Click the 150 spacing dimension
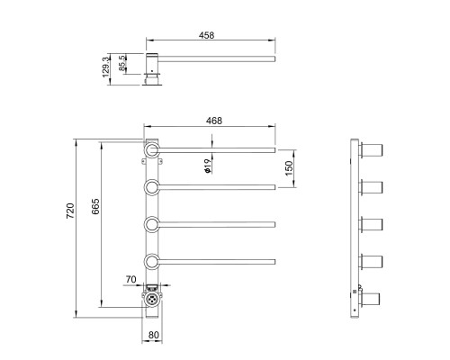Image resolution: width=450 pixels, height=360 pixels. point(289,168)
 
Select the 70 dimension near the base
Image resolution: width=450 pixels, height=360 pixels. point(132,281)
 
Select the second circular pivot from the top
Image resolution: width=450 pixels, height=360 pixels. point(152,187)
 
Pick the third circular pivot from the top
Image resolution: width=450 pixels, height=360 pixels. point(152,224)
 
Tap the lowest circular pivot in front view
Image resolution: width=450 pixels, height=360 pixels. point(152,262)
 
